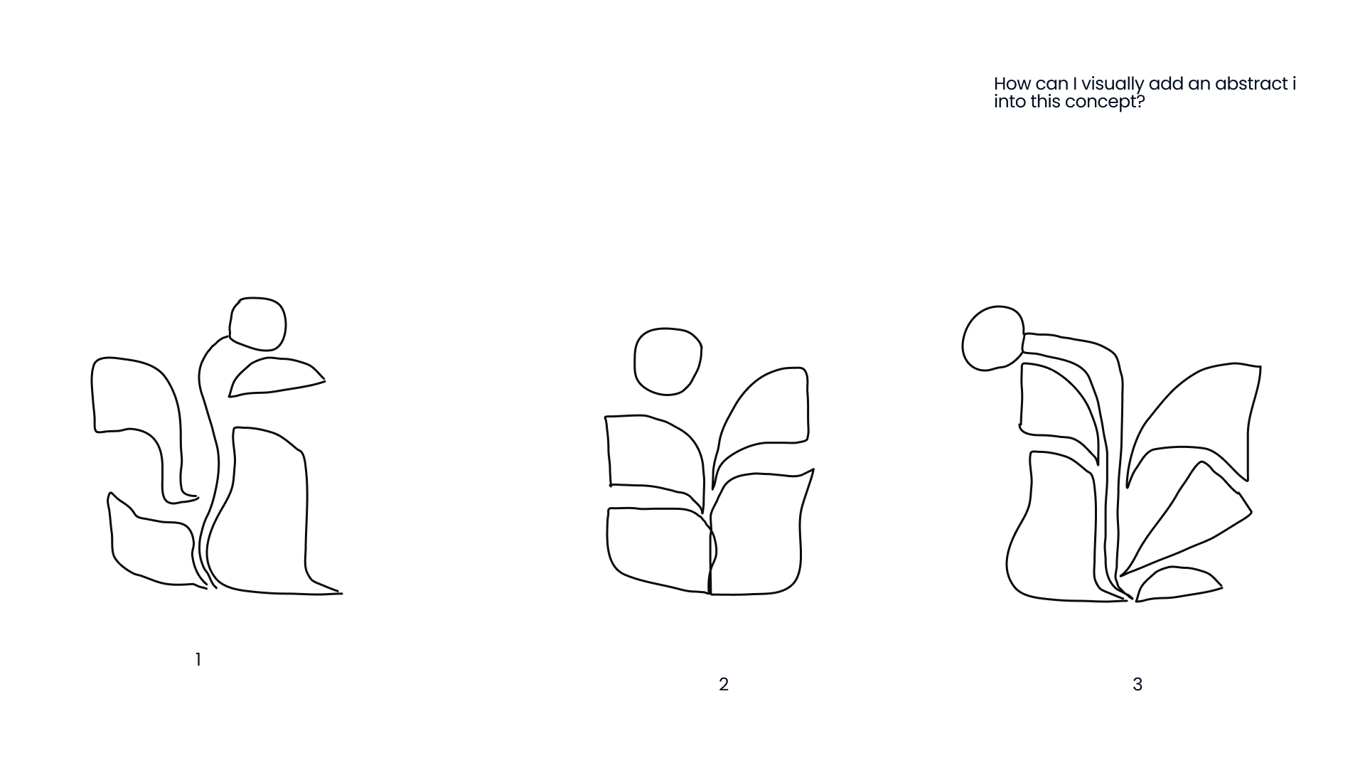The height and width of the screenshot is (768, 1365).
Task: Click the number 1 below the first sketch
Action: pyautogui.click(x=198, y=660)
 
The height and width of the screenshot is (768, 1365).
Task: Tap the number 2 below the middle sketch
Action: pyautogui.click(x=724, y=685)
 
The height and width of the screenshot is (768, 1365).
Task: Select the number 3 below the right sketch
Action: pyautogui.click(x=1137, y=685)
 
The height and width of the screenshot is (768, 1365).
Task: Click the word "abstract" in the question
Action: pyautogui.click(x=1251, y=84)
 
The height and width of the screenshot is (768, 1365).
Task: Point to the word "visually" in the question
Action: pyautogui.click(x=1113, y=85)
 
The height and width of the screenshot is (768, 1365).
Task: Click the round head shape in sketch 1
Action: pyautogui.click(x=257, y=324)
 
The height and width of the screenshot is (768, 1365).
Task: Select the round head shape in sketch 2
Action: pyautogui.click(x=668, y=361)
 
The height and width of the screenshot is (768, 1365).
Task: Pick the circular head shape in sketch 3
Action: pyautogui.click(x=992, y=338)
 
